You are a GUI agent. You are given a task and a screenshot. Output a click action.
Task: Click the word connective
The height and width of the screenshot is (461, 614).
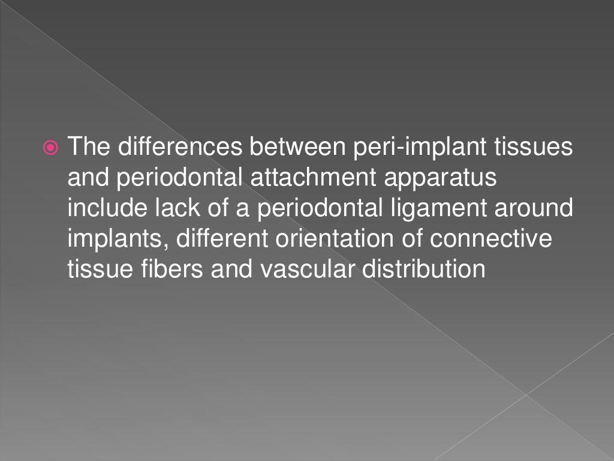click(x=492, y=238)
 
